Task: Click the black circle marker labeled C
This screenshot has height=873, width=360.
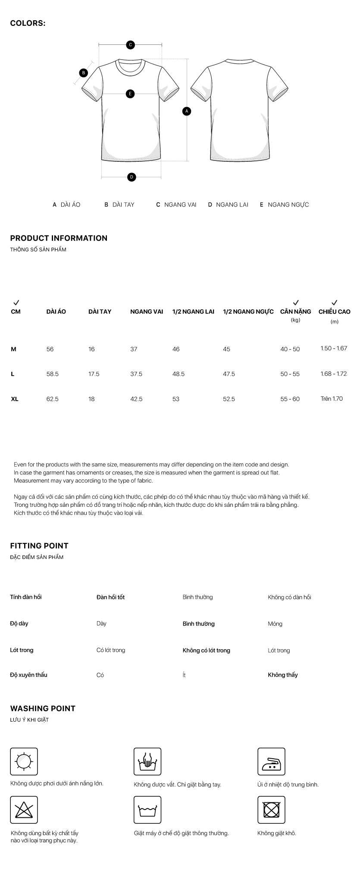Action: pos(130,44)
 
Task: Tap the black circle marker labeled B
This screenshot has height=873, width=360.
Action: pos(84,73)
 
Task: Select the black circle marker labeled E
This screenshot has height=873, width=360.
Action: pos(130,94)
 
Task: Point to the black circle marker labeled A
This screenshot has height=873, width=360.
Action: pos(187,111)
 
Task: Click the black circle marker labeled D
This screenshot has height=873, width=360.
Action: pos(131,177)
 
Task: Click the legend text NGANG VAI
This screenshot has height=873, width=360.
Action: pos(180,204)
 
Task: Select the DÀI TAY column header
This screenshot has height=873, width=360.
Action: pos(100,311)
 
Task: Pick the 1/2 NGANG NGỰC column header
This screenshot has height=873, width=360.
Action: pos(248,311)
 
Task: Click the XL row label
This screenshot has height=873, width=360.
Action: pos(15,399)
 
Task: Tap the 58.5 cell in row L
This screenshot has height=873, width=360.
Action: pos(53,374)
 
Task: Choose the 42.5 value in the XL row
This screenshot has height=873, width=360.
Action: pos(136,399)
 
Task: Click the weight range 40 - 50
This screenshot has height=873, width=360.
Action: pos(290,349)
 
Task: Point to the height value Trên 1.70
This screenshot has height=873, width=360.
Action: pos(332,399)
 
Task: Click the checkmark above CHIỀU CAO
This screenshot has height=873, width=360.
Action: pos(334,302)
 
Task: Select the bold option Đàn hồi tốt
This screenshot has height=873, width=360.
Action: pos(110,597)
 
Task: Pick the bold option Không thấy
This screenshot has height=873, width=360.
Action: pos(282,675)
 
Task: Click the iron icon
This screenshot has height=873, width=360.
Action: pos(271,761)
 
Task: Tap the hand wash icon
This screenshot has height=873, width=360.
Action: pos(147,761)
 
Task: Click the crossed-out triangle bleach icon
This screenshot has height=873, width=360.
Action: pos(24,810)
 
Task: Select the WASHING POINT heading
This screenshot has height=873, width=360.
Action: pos(43,708)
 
